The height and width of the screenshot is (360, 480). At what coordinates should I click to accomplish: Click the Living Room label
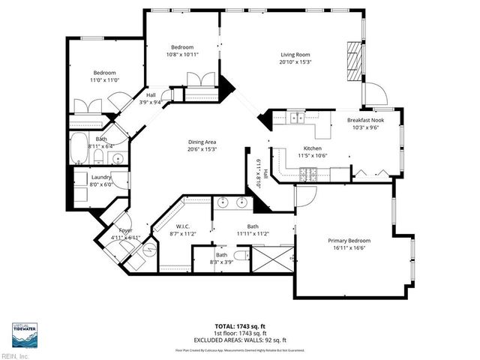295,54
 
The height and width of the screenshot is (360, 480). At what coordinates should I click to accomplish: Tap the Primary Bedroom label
349,241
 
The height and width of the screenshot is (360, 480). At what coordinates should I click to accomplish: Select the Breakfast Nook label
364,120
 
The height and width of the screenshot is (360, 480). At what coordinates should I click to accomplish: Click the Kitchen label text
291,148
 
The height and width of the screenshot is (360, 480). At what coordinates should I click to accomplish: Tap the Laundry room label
101,176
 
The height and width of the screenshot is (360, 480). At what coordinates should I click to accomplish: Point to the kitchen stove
308,175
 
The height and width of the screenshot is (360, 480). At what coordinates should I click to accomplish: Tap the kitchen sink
298,117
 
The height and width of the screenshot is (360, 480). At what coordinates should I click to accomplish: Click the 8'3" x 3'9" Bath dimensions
222,261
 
